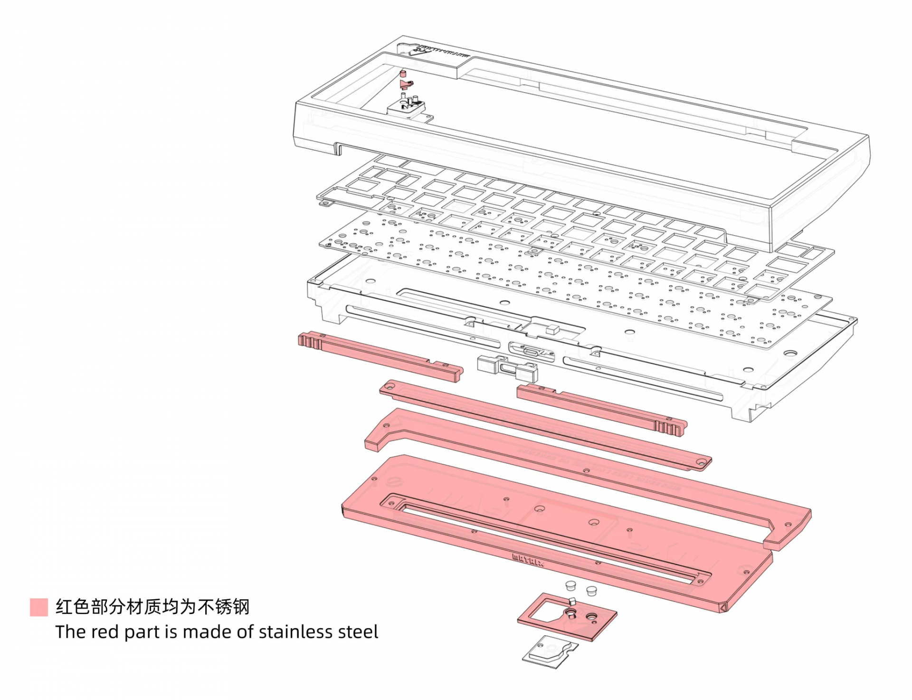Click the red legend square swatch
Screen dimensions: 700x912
tap(38, 607)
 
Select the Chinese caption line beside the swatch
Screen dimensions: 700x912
tap(152, 607)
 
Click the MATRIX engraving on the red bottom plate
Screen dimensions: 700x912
tap(528, 560)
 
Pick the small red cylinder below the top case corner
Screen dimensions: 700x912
tap(403, 73)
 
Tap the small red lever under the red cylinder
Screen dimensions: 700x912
tap(406, 85)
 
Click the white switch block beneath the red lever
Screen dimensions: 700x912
tap(406, 107)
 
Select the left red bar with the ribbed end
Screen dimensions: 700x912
tap(380, 355)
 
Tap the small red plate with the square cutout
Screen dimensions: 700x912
tap(568, 616)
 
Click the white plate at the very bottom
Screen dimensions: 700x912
tap(550, 652)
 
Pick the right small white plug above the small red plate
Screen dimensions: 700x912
tap(591, 591)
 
